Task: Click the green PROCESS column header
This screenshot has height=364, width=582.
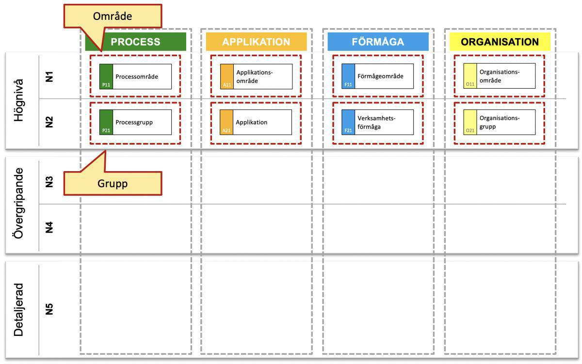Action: (135, 42)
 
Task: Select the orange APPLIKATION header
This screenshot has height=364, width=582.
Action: (256, 42)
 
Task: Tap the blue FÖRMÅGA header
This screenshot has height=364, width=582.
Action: (378, 42)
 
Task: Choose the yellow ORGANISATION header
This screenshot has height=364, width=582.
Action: (500, 42)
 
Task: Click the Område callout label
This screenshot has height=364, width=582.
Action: (113, 16)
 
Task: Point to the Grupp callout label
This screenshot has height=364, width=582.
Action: (113, 184)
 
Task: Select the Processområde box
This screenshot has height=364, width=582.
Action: (135, 77)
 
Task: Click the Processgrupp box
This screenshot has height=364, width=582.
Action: (135, 122)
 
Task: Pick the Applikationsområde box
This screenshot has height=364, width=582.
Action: (257, 77)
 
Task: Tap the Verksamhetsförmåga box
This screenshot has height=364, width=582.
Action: (378, 122)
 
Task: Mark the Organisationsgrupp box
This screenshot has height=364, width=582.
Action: (500, 122)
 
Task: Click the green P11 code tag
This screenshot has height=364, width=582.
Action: (106, 84)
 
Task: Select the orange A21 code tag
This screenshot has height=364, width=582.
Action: (226, 130)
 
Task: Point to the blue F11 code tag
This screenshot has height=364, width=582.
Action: (348, 84)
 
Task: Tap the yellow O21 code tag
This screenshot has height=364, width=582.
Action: (469, 130)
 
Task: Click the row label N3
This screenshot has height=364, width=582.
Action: (48, 182)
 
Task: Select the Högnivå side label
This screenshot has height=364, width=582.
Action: (18, 100)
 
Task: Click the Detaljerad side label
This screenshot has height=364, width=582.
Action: (18, 310)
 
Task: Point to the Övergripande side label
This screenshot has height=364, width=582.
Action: (18, 203)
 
